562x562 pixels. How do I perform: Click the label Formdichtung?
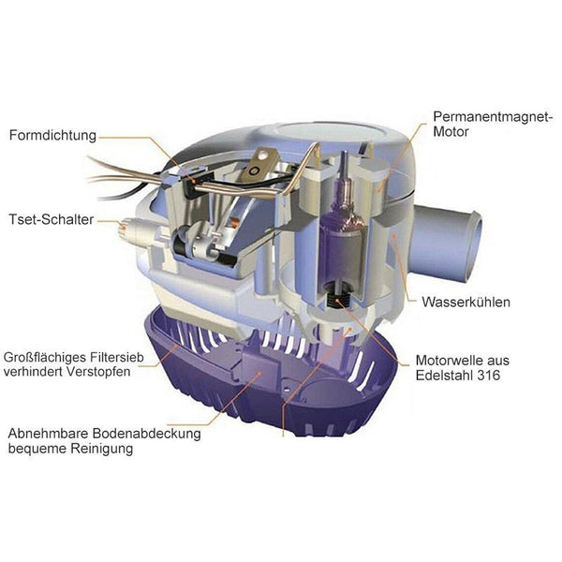tap(52, 136)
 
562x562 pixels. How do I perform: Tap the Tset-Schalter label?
tap(52, 219)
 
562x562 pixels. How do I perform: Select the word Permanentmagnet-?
tap(493, 117)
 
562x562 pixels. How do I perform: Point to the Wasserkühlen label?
tap(466, 303)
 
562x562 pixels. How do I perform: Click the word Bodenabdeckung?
tap(146, 434)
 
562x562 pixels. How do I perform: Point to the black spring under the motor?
tap(337, 297)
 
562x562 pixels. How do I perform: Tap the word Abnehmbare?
tap(49, 434)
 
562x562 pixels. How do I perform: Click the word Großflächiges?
tap(45, 358)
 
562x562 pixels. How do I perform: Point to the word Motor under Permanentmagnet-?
tap(451, 131)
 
